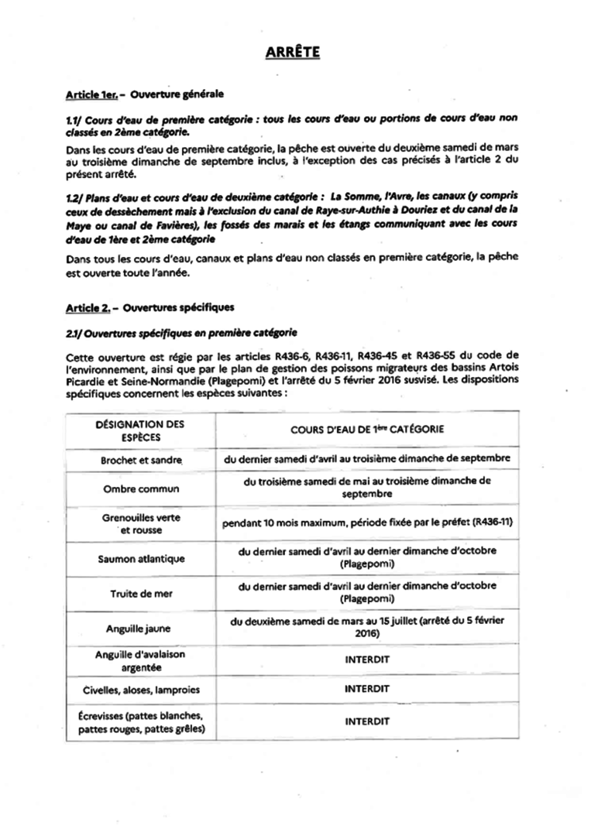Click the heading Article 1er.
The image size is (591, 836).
(91, 94)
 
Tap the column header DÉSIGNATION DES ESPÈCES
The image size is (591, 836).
(139, 430)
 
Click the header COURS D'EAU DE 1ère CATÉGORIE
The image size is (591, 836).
(366, 428)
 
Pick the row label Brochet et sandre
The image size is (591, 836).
(141, 460)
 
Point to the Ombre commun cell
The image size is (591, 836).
(141, 489)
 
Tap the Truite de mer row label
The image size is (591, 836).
(141, 593)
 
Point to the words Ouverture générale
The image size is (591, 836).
(177, 94)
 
